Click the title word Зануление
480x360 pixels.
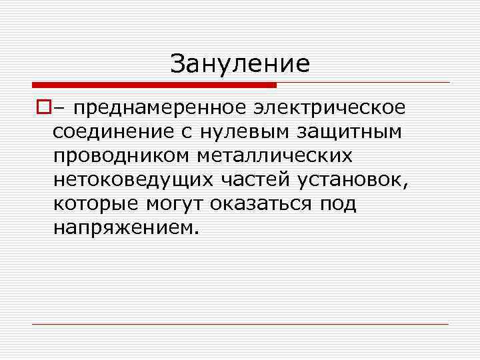click(x=240, y=64)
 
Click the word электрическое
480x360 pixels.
click(x=330, y=107)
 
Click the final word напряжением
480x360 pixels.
click(x=125, y=227)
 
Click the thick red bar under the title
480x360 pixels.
click(x=154, y=85)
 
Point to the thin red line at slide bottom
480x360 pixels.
click(x=240, y=324)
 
